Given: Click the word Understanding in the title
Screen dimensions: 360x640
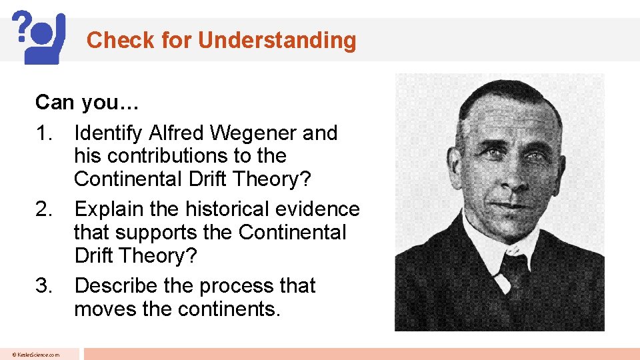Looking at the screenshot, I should [277, 41].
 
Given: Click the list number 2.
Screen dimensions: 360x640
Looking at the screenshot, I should [43, 209].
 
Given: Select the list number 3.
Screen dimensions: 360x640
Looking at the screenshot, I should [43, 286].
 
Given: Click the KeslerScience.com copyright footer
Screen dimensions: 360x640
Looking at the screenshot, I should [39, 355].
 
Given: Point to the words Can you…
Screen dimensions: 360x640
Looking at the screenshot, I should [78, 103].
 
